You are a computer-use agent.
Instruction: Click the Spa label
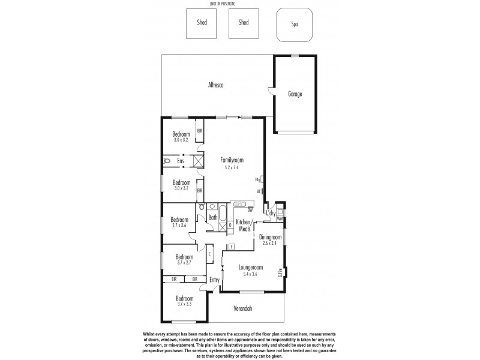(x=293, y=25)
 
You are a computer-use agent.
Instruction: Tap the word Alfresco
(x=215, y=85)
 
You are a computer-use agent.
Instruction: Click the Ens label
(x=180, y=161)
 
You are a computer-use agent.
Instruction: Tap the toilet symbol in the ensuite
(x=167, y=161)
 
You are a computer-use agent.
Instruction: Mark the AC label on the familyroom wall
(x=259, y=191)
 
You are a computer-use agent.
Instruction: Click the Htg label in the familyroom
(x=258, y=179)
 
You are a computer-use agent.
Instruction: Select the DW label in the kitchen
(x=250, y=209)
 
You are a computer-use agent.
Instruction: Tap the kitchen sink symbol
(x=239, y=205)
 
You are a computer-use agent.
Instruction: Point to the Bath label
(x=212, y=217)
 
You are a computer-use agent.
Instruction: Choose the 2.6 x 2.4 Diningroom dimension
(x=270, y=244)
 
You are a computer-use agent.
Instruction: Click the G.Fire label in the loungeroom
(x=280, y=274)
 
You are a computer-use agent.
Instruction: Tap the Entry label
(x=214, y=280)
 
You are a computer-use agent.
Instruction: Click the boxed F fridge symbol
(x=230, y=247)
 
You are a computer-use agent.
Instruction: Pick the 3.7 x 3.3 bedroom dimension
(x=184, y=304)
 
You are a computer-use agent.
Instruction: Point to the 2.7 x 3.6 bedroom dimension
(x=179, y=226)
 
